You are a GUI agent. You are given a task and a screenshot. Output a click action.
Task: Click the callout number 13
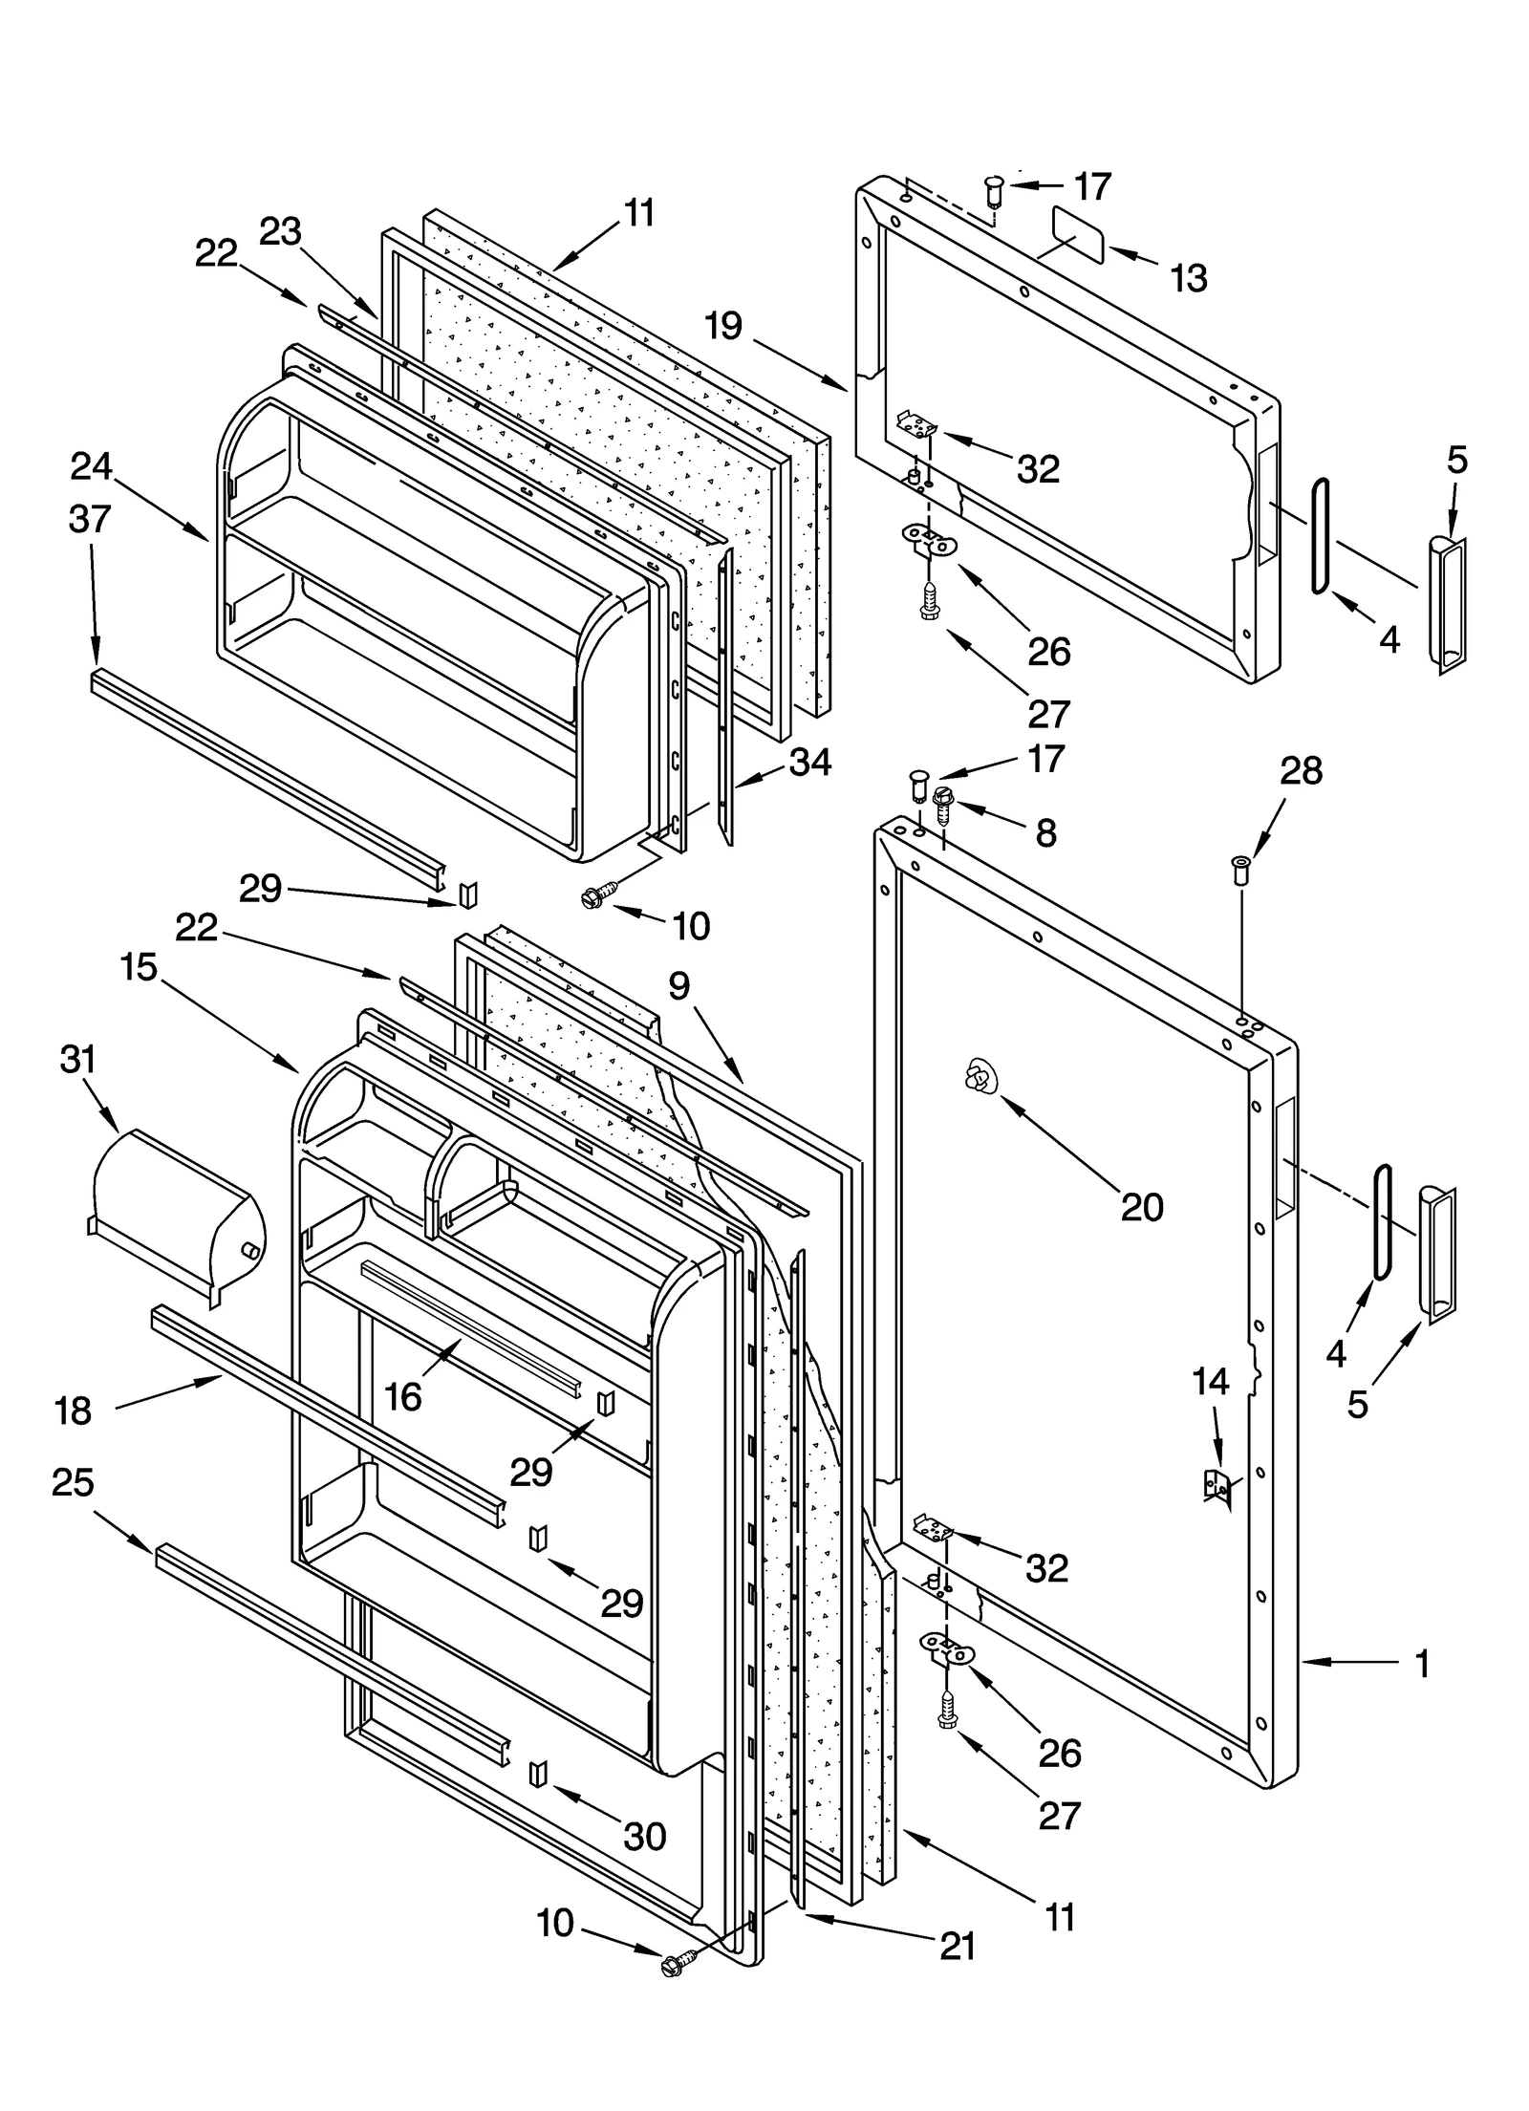point(1190,278)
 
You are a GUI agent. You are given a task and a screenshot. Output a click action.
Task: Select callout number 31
point(78,1060)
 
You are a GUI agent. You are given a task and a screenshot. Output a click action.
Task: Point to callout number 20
point(1142,1207)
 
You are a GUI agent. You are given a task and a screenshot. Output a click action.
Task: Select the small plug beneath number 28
point(1241,870)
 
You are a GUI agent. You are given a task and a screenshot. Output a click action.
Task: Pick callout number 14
point(1211,1381)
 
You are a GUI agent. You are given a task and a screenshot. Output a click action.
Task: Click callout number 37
point(91,519)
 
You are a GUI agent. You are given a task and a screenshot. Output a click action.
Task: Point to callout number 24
point(92,466)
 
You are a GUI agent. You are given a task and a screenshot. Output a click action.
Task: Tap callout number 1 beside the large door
point(1422,1664)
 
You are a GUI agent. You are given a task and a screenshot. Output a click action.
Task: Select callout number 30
point(644,1836)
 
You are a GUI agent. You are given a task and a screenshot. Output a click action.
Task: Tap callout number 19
point(723,326)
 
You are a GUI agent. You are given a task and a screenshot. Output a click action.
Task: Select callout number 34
point(810,762)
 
